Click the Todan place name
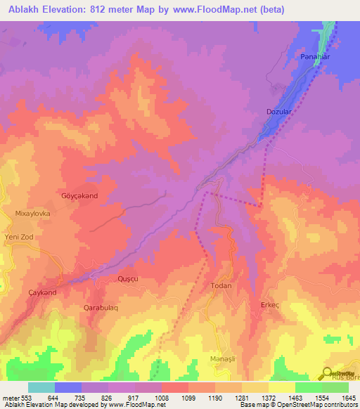pyautogui.click(x=221, y=287)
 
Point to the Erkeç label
pyautogui.click(x=270, y=304)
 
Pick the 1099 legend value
pyautogui.click(x=188, y=398)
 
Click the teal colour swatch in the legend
pyautogui.click(x=41, y=387)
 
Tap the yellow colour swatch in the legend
pyautogui.click(x=281, y=387)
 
